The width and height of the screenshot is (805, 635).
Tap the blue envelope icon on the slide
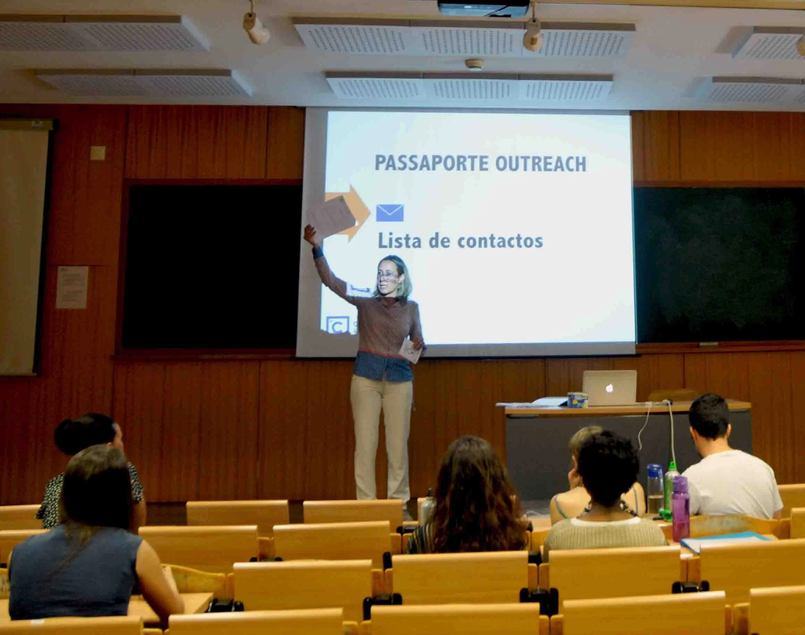390,213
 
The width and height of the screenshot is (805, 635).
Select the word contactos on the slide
500,241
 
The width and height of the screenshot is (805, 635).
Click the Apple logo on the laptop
609,388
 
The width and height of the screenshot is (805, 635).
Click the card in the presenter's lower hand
411,349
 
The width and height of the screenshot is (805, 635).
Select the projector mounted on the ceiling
483,7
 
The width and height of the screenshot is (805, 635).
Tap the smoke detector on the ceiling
475,64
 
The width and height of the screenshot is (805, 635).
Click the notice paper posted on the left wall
72,287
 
